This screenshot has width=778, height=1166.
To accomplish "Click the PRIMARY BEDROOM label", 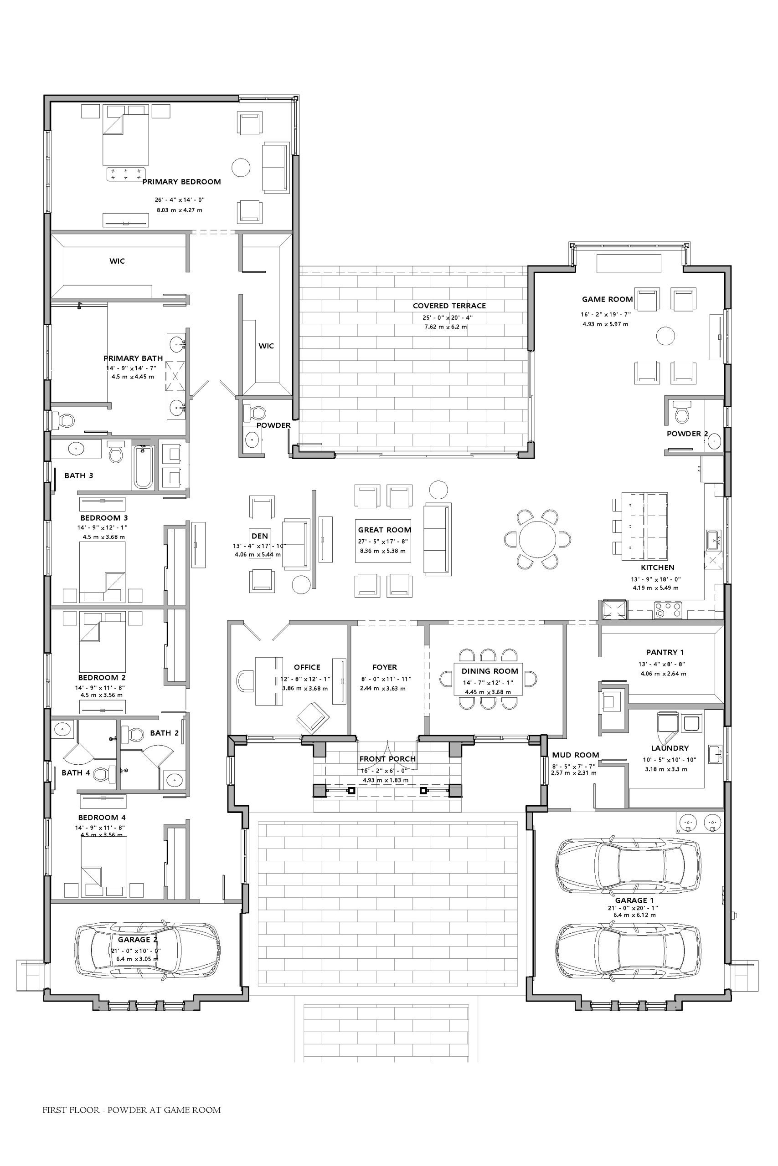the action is coord(181,182).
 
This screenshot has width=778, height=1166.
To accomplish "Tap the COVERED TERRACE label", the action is coord(449,306).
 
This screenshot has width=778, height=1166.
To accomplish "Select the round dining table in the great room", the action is coord(537,539).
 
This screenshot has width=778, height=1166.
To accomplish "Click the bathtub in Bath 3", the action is coord(143,467).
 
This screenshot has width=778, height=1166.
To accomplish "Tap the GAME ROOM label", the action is coord(608,299).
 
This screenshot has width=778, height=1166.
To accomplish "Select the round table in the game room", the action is coord(665,336).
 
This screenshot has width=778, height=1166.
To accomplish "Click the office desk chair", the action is coord(245,680).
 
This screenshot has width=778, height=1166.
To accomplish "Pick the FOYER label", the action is coord(385,667).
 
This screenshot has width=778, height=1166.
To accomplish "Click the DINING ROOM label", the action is coord(489,671).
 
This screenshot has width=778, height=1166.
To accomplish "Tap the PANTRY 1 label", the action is coord(665,652).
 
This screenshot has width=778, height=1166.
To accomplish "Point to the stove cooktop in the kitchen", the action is coord(668,609).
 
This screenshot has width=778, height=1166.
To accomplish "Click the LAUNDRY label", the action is coord(670,748).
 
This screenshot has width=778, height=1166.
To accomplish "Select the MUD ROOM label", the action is coord(576,755).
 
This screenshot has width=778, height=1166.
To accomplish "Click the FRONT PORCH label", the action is coord(387,759).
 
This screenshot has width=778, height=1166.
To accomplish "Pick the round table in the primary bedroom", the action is coord(241,167).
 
